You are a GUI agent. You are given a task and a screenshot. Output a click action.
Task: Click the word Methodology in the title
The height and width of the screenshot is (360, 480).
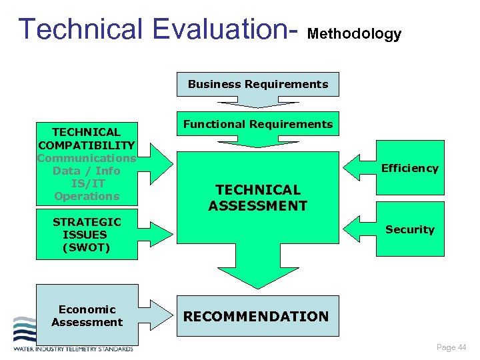coord(355,34)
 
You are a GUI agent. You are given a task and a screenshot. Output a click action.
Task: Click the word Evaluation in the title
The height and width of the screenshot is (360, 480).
coord(224,29)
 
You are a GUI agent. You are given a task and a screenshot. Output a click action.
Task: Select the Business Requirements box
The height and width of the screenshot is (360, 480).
coord(257,85)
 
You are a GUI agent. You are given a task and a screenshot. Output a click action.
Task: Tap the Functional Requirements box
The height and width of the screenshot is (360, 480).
coord(257,124)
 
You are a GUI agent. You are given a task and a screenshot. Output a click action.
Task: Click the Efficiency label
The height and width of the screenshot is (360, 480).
coord(409,169)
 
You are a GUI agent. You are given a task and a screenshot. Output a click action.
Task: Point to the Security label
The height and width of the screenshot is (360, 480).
coord(409,229)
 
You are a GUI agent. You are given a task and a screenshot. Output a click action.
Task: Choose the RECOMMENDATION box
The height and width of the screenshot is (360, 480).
coord(256,317)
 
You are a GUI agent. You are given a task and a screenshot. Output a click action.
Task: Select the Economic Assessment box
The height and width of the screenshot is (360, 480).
coord(87,316)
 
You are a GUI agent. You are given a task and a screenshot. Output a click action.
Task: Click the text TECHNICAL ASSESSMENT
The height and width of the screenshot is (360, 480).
coord(257,198)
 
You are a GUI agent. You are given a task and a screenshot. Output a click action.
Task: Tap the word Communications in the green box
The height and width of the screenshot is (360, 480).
coord(87,158)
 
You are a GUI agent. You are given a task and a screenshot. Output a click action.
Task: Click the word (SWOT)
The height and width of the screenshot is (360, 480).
coord(87,247)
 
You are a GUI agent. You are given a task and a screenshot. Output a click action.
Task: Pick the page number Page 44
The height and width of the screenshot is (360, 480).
coord(451,347)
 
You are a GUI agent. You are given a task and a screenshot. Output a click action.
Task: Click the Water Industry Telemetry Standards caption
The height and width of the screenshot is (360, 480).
coord(73,348)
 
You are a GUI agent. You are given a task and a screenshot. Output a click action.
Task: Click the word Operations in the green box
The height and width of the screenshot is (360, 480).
coord(87,196)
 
